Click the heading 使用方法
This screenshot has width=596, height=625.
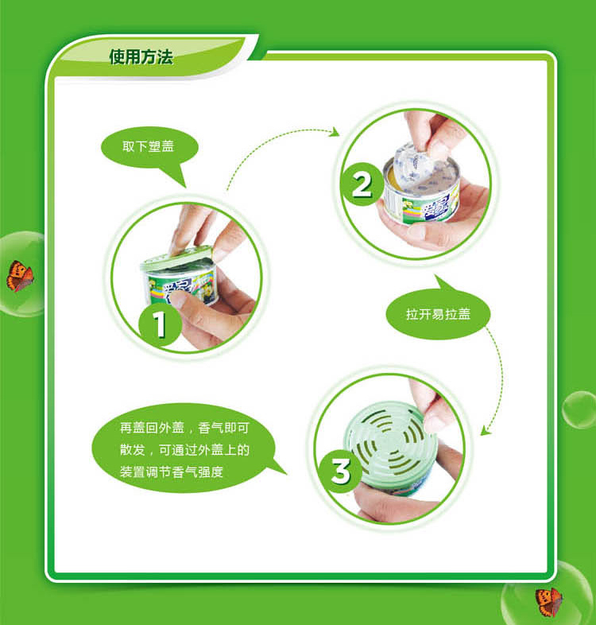pos(141,56)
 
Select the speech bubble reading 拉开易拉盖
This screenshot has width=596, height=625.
pos(438,311)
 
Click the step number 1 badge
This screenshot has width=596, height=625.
pos(160,324)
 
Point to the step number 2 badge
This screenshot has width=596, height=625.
pos(362,184)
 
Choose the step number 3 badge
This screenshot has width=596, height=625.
pos(341,471)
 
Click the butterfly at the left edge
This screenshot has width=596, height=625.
pos(20,276)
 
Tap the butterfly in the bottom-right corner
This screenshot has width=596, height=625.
pos(549,601)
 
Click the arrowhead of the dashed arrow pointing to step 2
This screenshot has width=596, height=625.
pos(335,131)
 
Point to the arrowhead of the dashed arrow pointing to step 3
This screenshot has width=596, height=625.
pos(485,430)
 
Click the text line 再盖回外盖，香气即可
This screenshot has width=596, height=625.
pos(184,428)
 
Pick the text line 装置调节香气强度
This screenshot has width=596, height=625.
pos(172,472)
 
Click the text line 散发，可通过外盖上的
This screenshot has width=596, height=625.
pos(184,450)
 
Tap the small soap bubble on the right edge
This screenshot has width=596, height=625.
pos(579,410)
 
